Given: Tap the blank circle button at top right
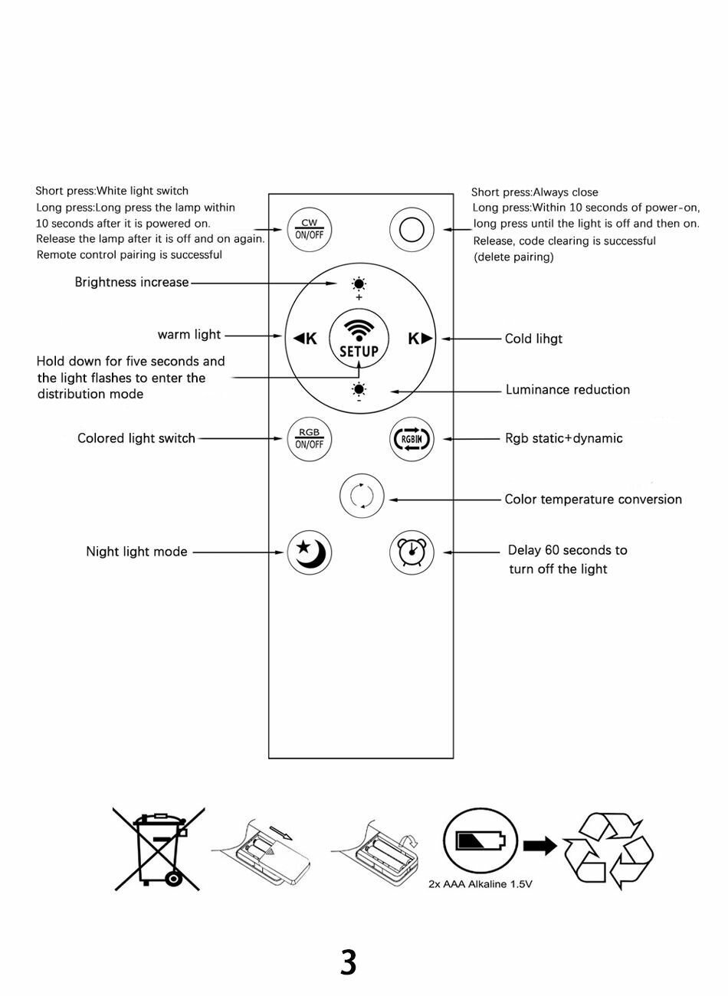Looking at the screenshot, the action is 412,229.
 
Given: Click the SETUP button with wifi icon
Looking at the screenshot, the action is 359,339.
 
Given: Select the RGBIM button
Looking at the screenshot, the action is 412,440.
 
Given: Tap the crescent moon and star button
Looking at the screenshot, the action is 310,552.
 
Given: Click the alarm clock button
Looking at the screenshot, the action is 412,552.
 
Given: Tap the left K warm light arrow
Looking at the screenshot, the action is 305,338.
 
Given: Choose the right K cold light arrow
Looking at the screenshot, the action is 420,338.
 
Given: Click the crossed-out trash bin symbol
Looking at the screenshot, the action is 159,847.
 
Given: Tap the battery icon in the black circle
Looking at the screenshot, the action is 480,840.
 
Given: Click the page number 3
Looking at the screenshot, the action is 349,962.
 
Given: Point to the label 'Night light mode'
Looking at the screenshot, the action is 136,552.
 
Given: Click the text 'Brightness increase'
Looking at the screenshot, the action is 132,282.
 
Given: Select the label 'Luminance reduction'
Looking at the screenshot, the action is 568,390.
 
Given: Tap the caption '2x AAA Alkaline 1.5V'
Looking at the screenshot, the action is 480,884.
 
